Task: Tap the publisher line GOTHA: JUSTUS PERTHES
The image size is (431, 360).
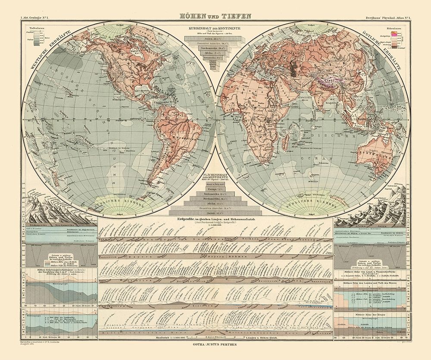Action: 215,345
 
